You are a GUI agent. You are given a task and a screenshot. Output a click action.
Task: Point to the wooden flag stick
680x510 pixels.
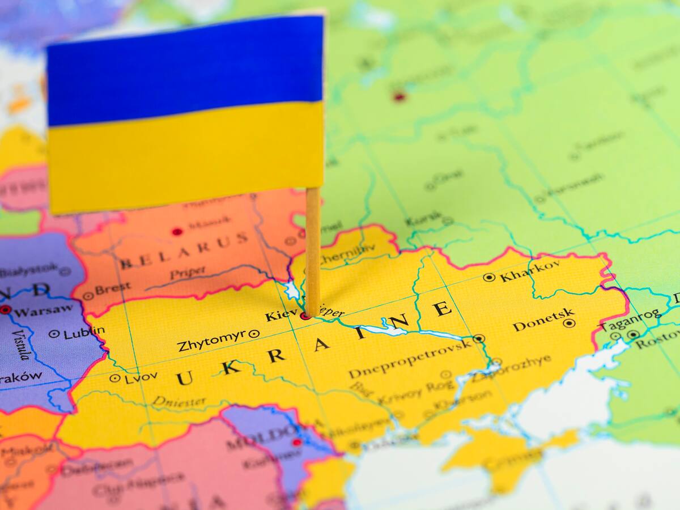(313, 249)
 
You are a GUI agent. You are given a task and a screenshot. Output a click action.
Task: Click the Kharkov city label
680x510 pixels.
(530, 271)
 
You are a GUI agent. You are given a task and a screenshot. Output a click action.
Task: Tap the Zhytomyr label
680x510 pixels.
(211, 340)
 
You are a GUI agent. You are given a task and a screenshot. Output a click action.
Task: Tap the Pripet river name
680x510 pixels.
(188, 274)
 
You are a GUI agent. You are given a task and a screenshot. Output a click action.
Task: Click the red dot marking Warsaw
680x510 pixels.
(5, 309)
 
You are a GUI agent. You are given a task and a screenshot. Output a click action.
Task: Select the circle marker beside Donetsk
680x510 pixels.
(569, 323)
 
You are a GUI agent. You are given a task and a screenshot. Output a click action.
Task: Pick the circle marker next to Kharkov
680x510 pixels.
(489, 277)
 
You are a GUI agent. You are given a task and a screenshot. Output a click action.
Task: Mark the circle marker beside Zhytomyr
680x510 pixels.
(254, 334)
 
